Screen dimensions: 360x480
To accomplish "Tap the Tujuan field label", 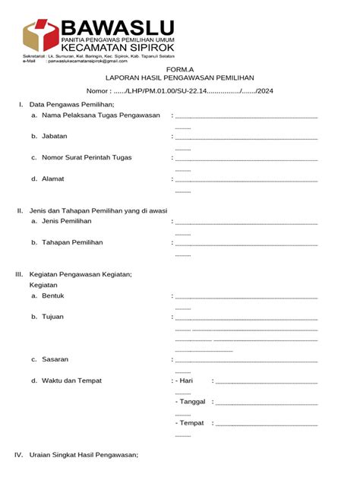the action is click(53, 316).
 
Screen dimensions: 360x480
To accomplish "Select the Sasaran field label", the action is click(55, 359).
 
